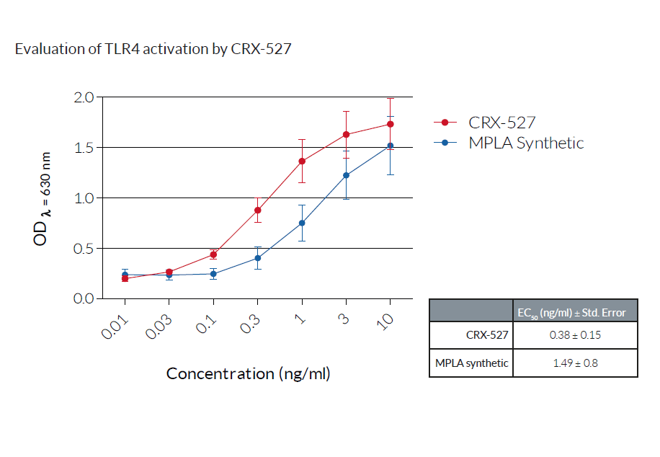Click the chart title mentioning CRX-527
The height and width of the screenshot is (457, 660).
tap(153, 50)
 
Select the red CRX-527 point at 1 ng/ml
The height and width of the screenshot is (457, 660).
tap(302, 161)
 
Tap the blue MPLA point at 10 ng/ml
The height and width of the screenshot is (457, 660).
tap(391, 146)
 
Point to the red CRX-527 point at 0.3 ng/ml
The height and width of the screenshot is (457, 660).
tap(257, 210)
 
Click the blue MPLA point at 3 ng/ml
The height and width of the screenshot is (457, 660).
tap(346, 175)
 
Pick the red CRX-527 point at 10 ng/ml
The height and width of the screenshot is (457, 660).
tap(391, 124)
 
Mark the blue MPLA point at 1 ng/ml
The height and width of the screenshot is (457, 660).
tap(302, 223)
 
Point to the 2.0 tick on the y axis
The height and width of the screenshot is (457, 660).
tap(85, 97)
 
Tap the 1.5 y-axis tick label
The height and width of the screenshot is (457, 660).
tap(85, 148)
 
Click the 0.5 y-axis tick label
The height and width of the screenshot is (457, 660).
tap(85, 249)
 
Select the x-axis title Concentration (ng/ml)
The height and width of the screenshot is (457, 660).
tap(248, 373)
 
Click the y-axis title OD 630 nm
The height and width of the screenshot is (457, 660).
tap(43, 198)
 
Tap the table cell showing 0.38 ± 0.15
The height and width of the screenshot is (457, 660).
tap(574, 335)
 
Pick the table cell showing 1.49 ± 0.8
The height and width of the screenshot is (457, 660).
tap(574, 363)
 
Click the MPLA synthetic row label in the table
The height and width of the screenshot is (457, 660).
tap(471, 363)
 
